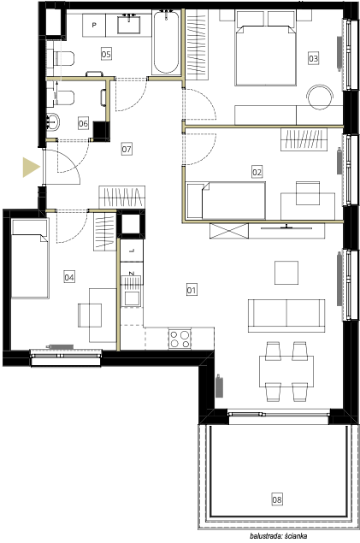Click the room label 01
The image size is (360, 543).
[x=192, y=290]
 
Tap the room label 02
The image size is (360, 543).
[x=257, y=172]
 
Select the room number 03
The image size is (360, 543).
[x=313, y=58]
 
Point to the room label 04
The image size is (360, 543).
[x=69, y=277]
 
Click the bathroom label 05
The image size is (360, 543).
[x=106, y=54]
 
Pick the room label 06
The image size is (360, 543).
[x=83, y=123]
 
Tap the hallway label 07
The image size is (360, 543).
[x=127, y=150]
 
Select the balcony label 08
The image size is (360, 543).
[x=276, y=499]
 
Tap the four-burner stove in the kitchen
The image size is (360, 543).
[x=180, y=339]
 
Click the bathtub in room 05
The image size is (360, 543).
[x=166, y=42]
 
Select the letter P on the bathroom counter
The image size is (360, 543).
[x=94, y=26]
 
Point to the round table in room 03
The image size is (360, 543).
[x=320, y=97]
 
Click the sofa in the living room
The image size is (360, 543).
[x=286, y=316]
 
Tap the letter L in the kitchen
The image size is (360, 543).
[x=132, y=251]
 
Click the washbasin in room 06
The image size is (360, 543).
[x=54, y=121]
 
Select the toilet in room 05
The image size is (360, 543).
[x=64, y=58]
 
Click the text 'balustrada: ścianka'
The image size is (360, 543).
[x=278, y=536]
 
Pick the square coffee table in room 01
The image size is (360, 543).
[x=286, y=273]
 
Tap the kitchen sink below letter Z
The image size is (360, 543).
[x=132, y=298]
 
